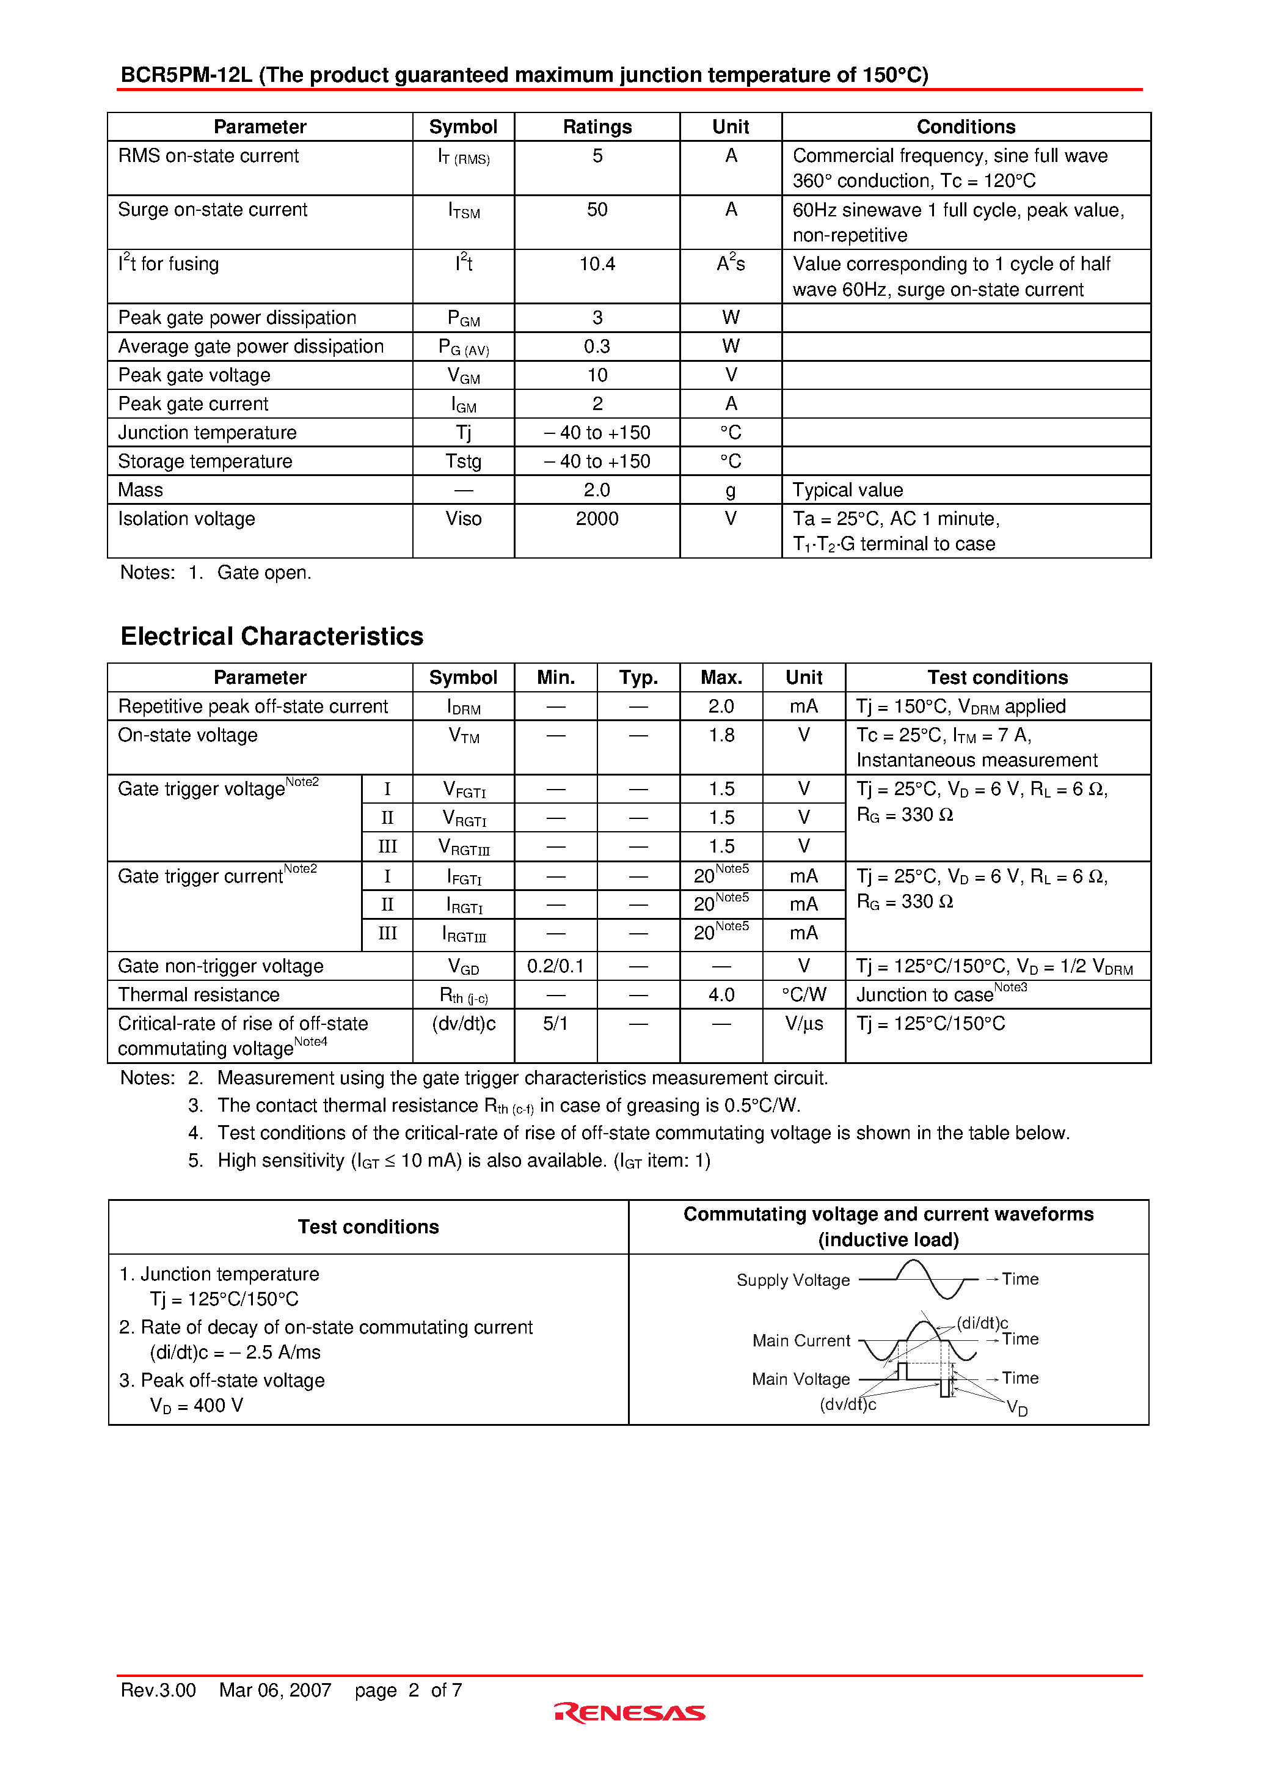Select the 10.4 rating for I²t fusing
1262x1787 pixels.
(597, 265)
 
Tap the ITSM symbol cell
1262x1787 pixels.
(464, 211)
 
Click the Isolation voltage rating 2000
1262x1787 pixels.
(597, 519)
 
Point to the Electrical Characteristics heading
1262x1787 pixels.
(272, 637)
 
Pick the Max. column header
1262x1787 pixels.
(721, 678)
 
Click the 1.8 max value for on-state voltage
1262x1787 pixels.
(721, 735)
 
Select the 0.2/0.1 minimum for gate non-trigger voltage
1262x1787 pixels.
(555, 967)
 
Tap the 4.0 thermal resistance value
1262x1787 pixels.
(721, 996)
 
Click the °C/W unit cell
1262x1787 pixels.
(804, 996)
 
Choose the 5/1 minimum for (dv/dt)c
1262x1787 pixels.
(555, 1024)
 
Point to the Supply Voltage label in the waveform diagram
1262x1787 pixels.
(793, 1281)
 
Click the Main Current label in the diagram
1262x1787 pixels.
(801, 1341)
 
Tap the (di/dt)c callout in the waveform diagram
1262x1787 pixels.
(982, 1323)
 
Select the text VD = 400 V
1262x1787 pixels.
(197, 1406)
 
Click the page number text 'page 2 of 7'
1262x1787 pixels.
(409, 1690)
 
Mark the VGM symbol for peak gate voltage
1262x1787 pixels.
(464, 376)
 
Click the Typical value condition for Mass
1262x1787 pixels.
(847, 490)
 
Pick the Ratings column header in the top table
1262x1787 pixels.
(597, 127)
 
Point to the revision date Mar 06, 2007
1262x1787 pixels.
(275, 1690)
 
